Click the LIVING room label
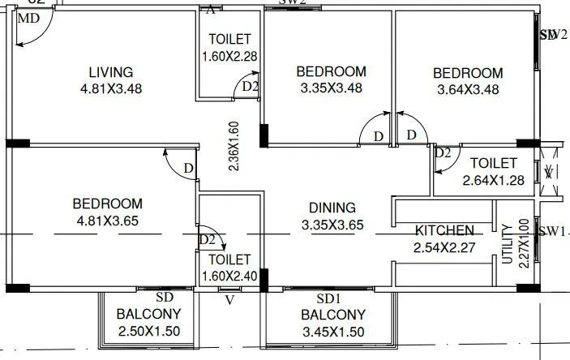pos(111,72)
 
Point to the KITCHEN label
pos(444,229)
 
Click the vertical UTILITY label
pos(508,242)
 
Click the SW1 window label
pos(554,231)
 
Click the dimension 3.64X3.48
pos(467,89)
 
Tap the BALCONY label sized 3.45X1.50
pos(332,315)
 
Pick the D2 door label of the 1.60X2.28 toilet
pos(250,86)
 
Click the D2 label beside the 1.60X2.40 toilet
pos(208,240)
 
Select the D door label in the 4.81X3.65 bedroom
pos(187,168)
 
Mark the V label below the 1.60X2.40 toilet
pos(229,299)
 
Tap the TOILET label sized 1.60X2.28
pos(229,39)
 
